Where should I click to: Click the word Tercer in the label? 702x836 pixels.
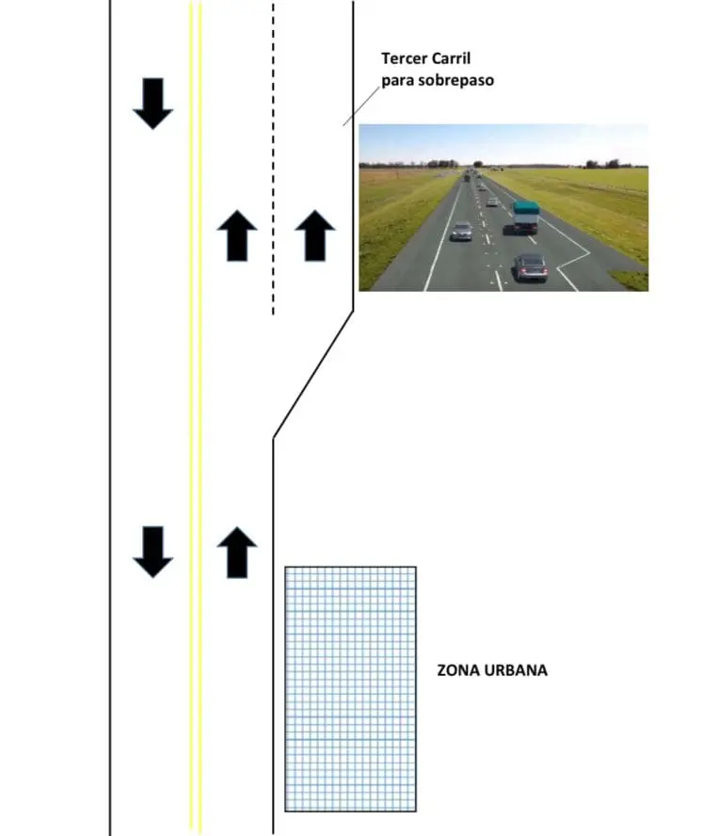tap(403, 58)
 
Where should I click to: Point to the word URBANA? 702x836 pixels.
tap(517, 671)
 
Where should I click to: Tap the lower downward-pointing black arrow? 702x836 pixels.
tap(152, 551)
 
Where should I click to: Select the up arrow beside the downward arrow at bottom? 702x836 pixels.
tap(237, 553)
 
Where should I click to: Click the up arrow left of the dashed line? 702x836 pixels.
tap(237, 235)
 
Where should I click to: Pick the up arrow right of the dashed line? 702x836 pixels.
tap(315, 235)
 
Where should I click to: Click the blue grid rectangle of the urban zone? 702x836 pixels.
tap(350, 689)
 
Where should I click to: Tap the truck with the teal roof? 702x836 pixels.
tap(526, 217)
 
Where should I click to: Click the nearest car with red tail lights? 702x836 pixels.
tap(531, 267)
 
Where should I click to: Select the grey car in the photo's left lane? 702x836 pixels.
tap(462, 231)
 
